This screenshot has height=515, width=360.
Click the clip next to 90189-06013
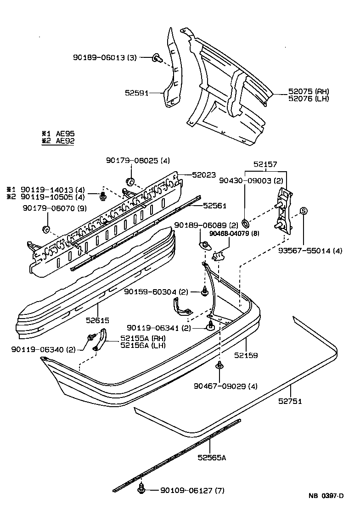pyautogui.click(x=157, y=58)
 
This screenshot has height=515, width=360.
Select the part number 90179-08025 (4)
pyautogui.click(x=138, y=161)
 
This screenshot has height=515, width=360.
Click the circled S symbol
pyautogui.click(x=303, y=211)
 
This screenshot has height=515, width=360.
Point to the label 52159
pyautogui.click(x=246, y=355)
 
